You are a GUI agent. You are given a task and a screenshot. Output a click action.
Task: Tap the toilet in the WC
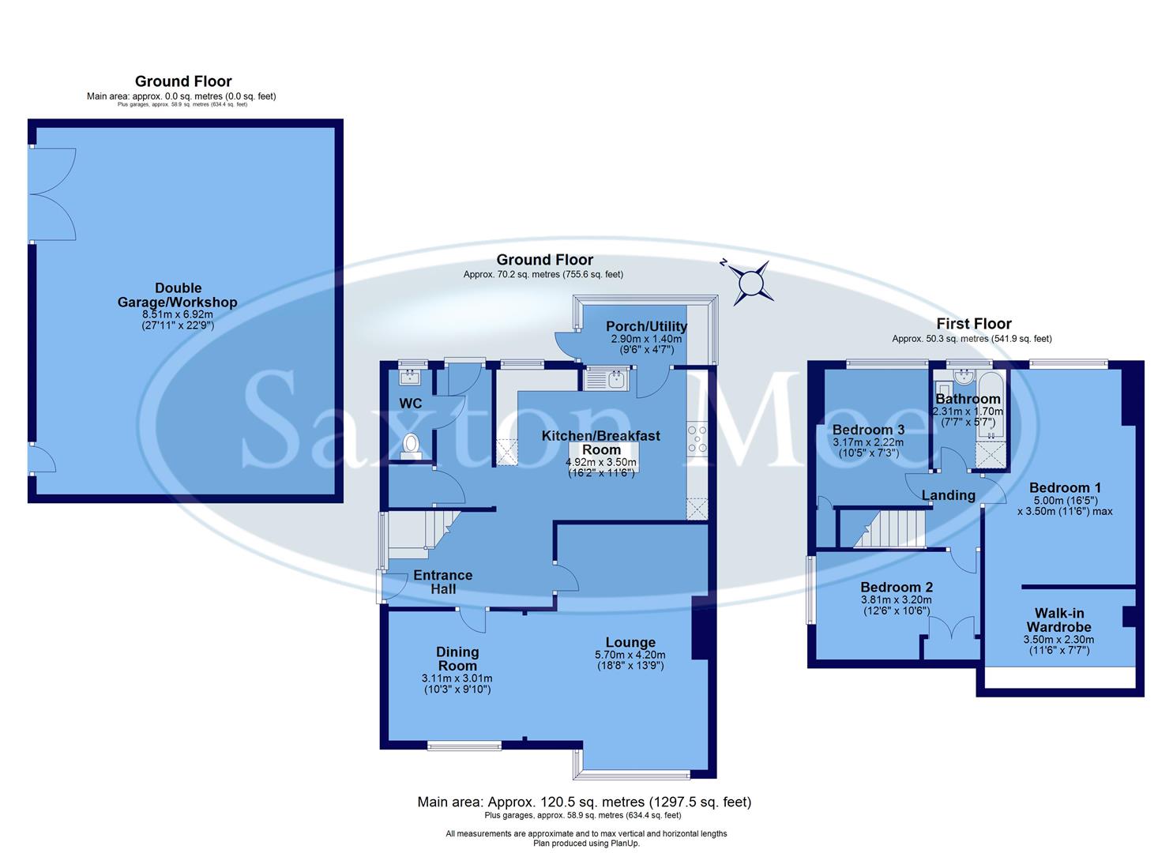pyautogui.click(x=410, y=445)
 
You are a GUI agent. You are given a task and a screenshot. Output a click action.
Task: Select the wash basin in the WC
pyautogui.click(x=410, y=376)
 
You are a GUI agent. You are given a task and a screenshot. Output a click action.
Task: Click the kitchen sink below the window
pyautogui.click(x=605, y=381)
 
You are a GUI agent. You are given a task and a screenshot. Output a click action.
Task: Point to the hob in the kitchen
pyautogui.click(x=697, y=439)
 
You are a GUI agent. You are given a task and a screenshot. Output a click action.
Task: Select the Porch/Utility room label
pyautogui.click(x=646, y=326)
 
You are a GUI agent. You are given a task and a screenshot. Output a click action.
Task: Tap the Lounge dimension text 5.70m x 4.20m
pyautogui.click(x=630, y=655)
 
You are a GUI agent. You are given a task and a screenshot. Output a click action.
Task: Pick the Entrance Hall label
pyautogui.click(x=442, y=582)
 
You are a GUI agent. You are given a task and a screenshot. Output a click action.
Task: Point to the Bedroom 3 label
pyautogui.click(x=868, y=430)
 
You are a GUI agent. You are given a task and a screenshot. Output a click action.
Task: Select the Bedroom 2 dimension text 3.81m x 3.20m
pyautogui.click(x=896, y=599)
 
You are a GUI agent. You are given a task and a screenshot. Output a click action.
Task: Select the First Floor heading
pyautogui.click(x=973, y=323)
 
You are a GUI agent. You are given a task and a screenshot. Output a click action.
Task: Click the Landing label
pyautogui.click(x=948, y=495)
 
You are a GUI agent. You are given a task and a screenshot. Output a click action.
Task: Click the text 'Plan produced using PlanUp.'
pyautogui.click(x=586, y=844)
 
